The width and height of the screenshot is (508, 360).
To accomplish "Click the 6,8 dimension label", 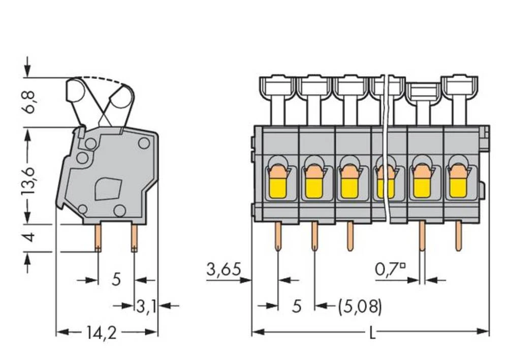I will click(x=32, y=102).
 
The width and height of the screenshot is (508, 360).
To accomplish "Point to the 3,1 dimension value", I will click(x=146, y=306).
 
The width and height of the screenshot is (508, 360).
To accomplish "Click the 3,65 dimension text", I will click(x=223, y=270).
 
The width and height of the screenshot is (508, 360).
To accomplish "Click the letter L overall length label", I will click(x=372, y=333).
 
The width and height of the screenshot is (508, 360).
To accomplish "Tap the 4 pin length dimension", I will click(x=32, y=237).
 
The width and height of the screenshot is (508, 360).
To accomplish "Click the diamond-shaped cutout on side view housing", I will click(x=107, y=188).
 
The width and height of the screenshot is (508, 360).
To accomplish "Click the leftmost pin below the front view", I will click(x=278, y=236).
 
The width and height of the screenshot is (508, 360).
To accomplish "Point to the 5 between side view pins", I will click(x=116, y=279).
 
